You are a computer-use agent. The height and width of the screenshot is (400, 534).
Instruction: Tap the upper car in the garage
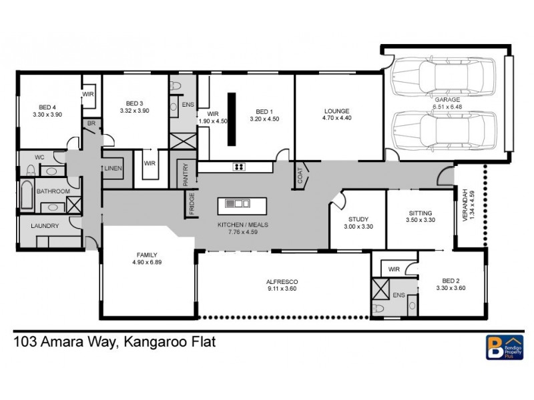(x=444, y=79)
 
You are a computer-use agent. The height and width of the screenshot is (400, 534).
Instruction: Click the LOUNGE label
(x=337, y=111)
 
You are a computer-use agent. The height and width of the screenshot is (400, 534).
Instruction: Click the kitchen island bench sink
(x=238, y=203)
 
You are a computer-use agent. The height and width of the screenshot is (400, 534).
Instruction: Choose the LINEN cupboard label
(x=113, y=169)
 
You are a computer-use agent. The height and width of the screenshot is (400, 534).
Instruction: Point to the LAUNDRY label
(x=45, y=226)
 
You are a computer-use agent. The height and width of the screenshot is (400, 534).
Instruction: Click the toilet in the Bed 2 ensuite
(x=380, y=308)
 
